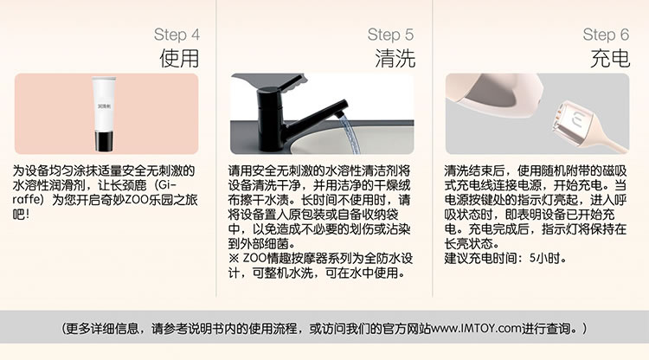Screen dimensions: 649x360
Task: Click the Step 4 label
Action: pyautogui.click(x=177, y=35)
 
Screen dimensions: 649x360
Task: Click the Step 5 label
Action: pyautogui.click(x=390, y=35)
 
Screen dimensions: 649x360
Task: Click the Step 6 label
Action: pyautogui.click(x=606, y=35)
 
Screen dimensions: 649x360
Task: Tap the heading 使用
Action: pyautogui.click(x=179, y=58)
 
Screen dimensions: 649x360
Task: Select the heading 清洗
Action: pyautogui.click(x=395, y=58)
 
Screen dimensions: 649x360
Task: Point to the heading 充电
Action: pyautogui.click(x=610, y=58)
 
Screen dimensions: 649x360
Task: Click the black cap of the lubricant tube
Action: pyautogui.click(x=103, y=141)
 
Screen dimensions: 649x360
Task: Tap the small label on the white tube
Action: pyautogui.click(x=104, y=106)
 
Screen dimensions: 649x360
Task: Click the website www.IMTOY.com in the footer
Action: pyautogui.click(x=476, y=329)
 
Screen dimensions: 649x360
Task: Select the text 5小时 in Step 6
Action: pyautogui.click(x=544, y=258)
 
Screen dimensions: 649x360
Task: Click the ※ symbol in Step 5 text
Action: pyautogui.click(x=234, y=258)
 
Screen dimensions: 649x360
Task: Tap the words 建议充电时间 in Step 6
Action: pyautogui.click(x=481, y=258)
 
